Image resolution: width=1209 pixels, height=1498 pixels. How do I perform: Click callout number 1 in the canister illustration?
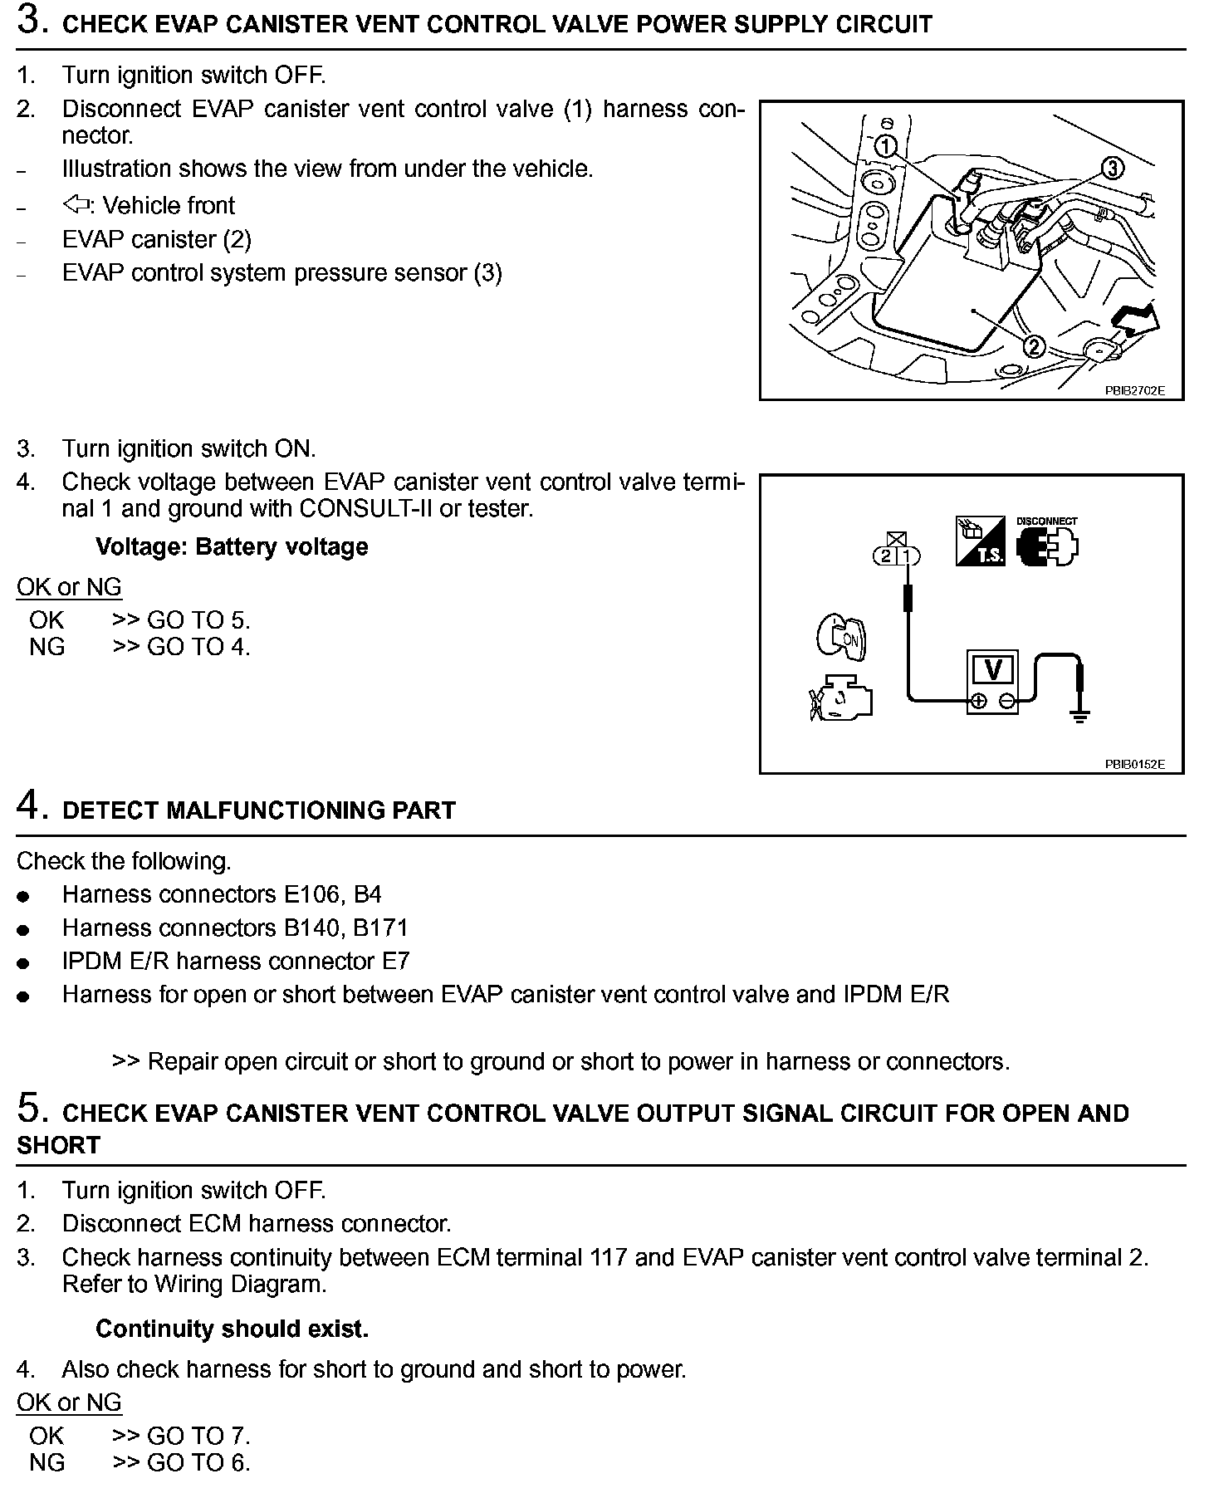pos(887,147)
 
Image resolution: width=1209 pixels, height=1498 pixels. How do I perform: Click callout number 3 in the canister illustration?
pos(1112,169)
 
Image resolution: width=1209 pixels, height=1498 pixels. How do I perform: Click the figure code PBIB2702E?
pos(1134,389)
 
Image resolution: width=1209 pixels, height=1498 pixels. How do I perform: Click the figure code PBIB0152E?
pos(1134,764)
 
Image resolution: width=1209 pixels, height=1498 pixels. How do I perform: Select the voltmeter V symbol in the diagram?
pos(993,669)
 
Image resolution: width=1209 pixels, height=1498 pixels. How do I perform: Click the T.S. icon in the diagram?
pos(980,541)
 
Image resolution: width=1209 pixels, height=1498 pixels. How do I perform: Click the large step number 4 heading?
pos(28,805)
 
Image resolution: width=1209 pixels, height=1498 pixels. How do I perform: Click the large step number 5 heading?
pos(28,1109)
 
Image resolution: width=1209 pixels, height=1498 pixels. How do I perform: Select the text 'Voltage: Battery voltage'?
pos(232,547)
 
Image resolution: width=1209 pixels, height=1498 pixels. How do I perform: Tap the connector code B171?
pos(380,928)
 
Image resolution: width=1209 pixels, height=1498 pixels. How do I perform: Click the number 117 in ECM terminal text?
pos(609,1257)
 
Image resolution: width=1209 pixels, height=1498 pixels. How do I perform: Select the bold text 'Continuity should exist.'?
pos(232,1329)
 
